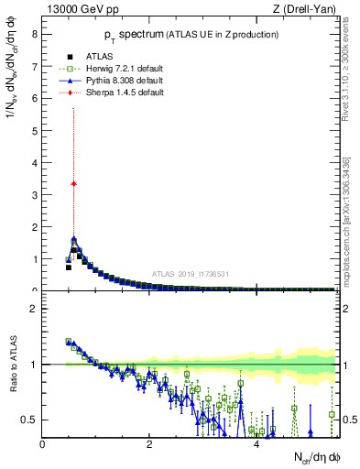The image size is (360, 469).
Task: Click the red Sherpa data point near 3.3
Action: [x=73, y=183]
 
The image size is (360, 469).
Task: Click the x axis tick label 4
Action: [x=256, y=444]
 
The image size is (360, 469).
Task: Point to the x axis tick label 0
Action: [x=42, y=444]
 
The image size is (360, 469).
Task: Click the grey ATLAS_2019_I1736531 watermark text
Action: [x=191, y=275]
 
